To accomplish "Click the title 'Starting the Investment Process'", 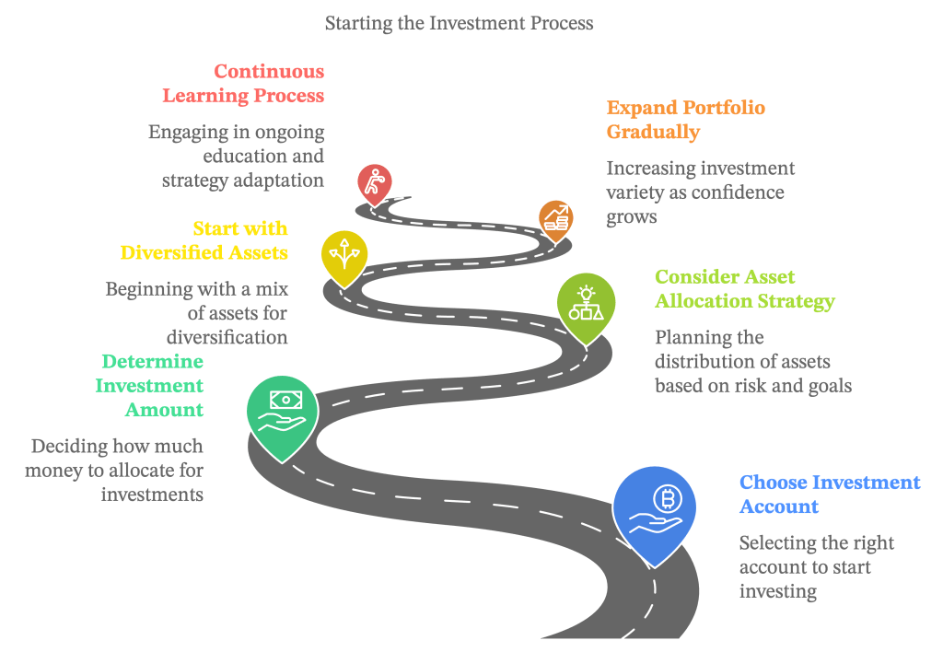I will (459, 23).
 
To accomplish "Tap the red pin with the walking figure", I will (374, 183).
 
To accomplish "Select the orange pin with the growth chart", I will (555, 218).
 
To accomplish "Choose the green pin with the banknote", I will (282, 412).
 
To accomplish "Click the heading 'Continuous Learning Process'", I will (243, 83).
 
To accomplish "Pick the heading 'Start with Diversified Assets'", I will (204, 239).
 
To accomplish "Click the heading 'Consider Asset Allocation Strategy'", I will (744, 288).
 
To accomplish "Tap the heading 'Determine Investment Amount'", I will (150, 385).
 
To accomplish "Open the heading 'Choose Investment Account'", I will (829, 495).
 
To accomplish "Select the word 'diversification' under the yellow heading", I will (227, 337).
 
